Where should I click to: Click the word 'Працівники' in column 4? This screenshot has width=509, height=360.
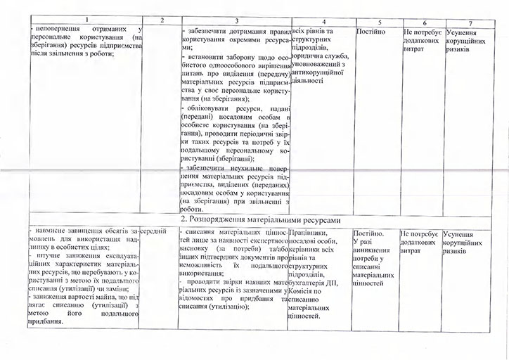(309, 231)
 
